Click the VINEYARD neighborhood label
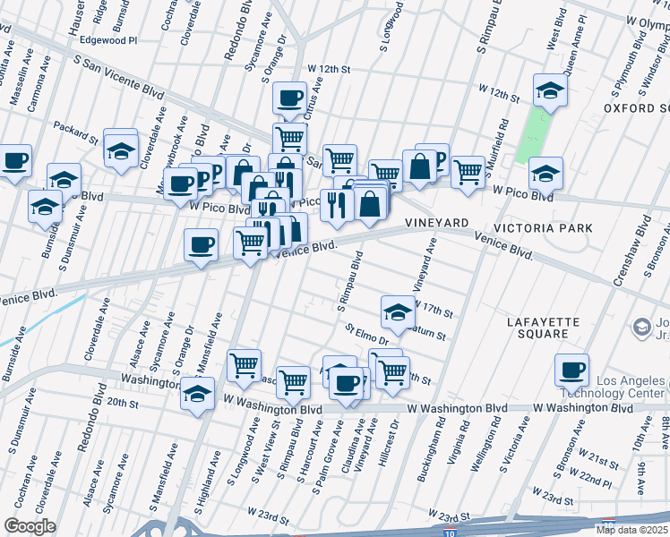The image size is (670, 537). [437, 221]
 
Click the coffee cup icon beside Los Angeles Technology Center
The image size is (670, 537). [571, 370]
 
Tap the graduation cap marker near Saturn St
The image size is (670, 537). [398, 311]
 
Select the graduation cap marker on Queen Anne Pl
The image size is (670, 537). [548, 89]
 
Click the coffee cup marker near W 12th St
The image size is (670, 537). [288, 98]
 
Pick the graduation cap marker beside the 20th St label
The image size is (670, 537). [197, 395]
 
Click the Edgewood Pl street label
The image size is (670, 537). [108, 41]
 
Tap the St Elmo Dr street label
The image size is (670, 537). [367, 335]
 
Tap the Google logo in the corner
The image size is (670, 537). [30, 526]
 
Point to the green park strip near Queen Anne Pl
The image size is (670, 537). [532, 134]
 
